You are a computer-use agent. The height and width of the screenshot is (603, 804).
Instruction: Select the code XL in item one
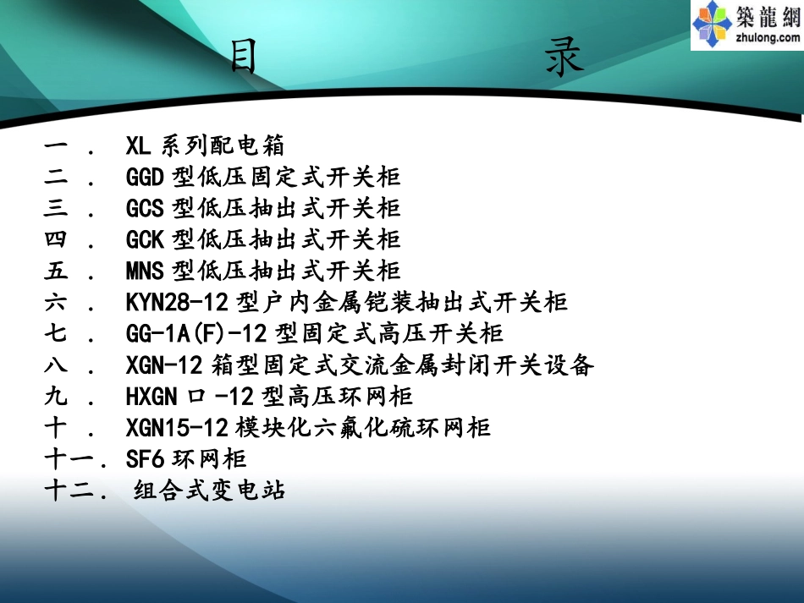138,145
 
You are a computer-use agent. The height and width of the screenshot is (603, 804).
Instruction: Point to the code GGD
145,177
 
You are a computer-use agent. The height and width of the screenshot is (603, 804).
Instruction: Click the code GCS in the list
145,208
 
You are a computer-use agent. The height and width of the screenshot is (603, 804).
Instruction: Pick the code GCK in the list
145,239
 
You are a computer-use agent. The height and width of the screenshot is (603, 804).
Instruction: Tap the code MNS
145,271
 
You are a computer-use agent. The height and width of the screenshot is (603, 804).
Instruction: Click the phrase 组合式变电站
210,490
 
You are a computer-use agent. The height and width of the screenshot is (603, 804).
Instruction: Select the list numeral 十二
70,490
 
